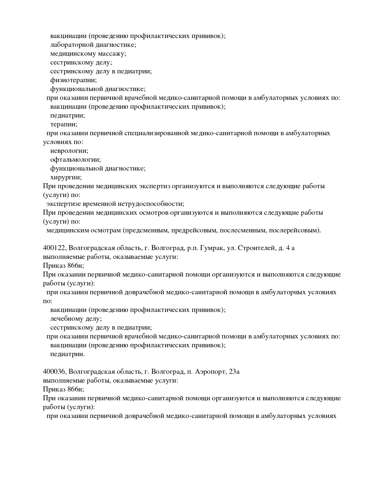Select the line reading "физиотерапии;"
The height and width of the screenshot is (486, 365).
[x=73, y=80]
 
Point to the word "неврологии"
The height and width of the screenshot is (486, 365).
[x=69, y=151]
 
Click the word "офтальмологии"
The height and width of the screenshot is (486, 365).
[x=75, y=160]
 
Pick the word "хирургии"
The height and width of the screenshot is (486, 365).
[x=66, y=177]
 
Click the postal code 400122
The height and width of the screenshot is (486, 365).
[x=54, y=248]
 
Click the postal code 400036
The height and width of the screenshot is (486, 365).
[x=54, y=372]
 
